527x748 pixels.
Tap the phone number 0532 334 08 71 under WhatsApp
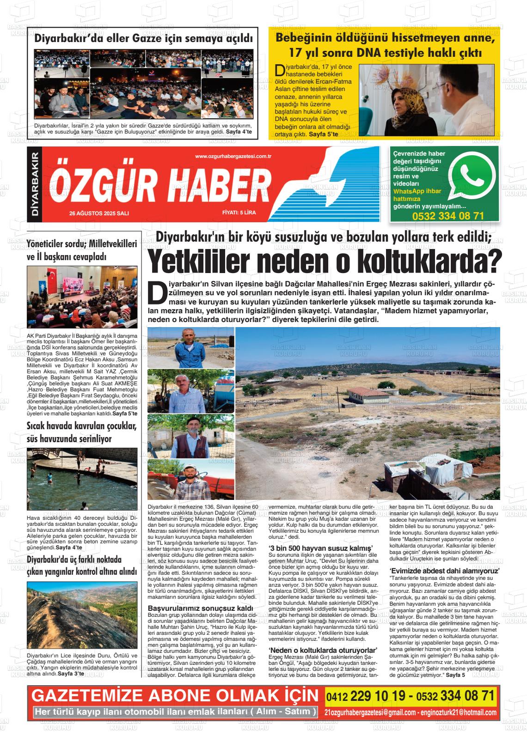[447, 216]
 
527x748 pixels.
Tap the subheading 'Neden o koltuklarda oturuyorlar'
[323, 650]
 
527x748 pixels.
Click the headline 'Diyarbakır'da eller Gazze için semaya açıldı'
[144, 39]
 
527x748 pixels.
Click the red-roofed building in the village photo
[363, 394]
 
